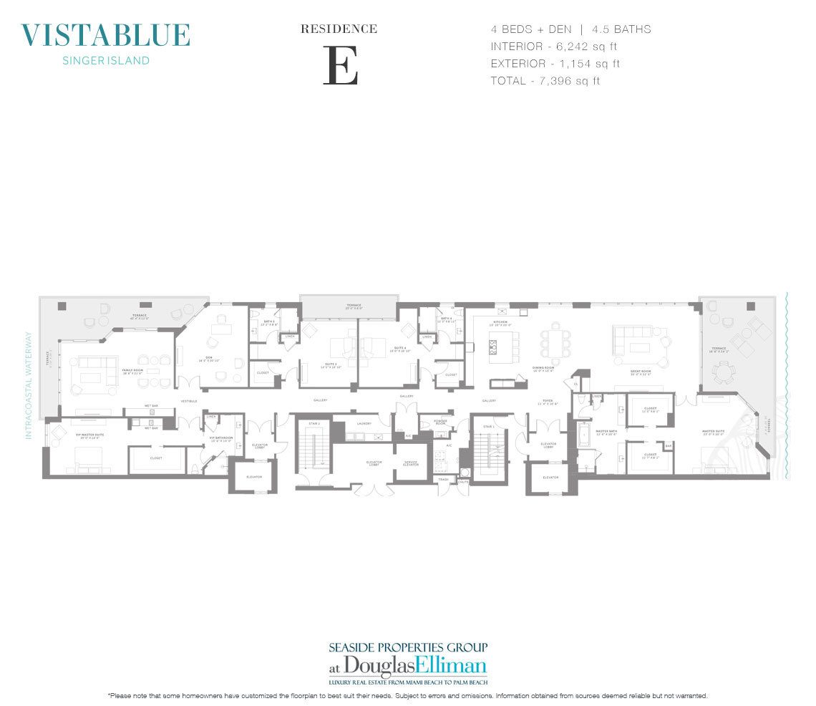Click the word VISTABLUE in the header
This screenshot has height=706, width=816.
[106, 35]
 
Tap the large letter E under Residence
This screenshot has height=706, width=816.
[340, 65]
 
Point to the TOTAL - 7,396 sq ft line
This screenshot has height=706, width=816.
[545, 81]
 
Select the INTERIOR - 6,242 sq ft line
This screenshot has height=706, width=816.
[555, 47]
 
